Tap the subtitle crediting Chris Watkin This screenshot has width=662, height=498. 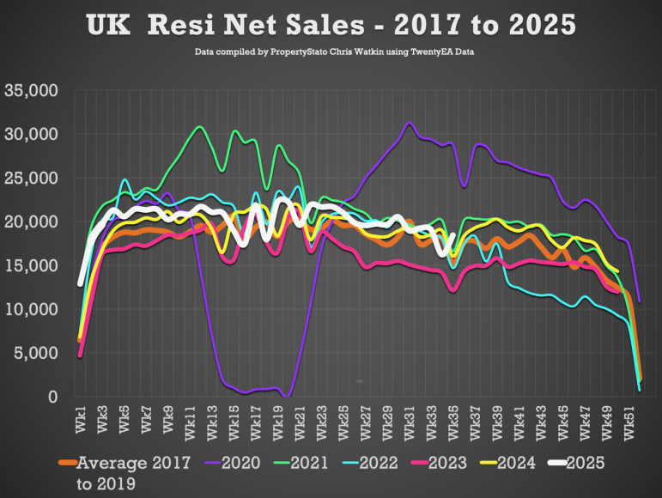(x=331, y=52)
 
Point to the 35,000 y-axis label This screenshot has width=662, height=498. (x=31, y=90)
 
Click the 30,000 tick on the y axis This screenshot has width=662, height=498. (x=31, y=134)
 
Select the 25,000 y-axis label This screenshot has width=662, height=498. (x=31, y=178)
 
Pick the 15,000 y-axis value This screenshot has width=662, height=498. (x=31, y=265)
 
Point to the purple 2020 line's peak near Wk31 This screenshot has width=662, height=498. (x=410, y=124)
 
